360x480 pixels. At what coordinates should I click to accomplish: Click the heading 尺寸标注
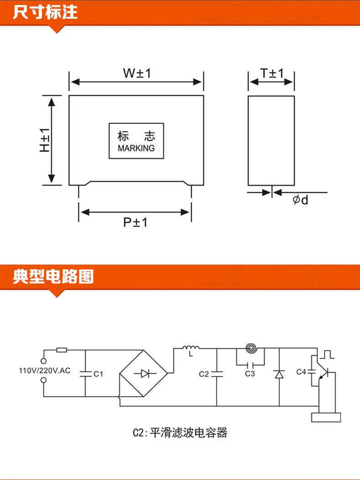tap(45, 12)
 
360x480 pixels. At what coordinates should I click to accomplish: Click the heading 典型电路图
tap(53, 276)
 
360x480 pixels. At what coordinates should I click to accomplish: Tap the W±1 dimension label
tap(137, 73)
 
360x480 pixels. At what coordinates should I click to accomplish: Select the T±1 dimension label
tap(272, 73)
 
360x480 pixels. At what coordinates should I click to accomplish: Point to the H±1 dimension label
tap(44, 140)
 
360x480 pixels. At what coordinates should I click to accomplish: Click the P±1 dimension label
tap(135, 222)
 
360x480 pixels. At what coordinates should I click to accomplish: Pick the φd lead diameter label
tap(300, 200)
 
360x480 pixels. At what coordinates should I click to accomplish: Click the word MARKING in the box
tap(136, 148)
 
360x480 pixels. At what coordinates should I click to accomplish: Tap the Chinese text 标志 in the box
tap(136, 136)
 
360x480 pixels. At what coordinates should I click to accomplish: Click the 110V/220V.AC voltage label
tap(45, 371)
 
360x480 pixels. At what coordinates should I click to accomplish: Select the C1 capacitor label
tap(98, 374)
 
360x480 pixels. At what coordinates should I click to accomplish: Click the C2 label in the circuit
tap(204, 374)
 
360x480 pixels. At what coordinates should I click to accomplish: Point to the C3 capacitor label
tap(250, 374)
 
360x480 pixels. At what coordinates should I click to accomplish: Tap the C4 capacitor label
tap(301, 372)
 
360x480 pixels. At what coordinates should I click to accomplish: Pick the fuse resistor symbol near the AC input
tap(62, 350)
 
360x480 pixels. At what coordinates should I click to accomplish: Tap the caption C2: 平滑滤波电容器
tap(180, 433)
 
